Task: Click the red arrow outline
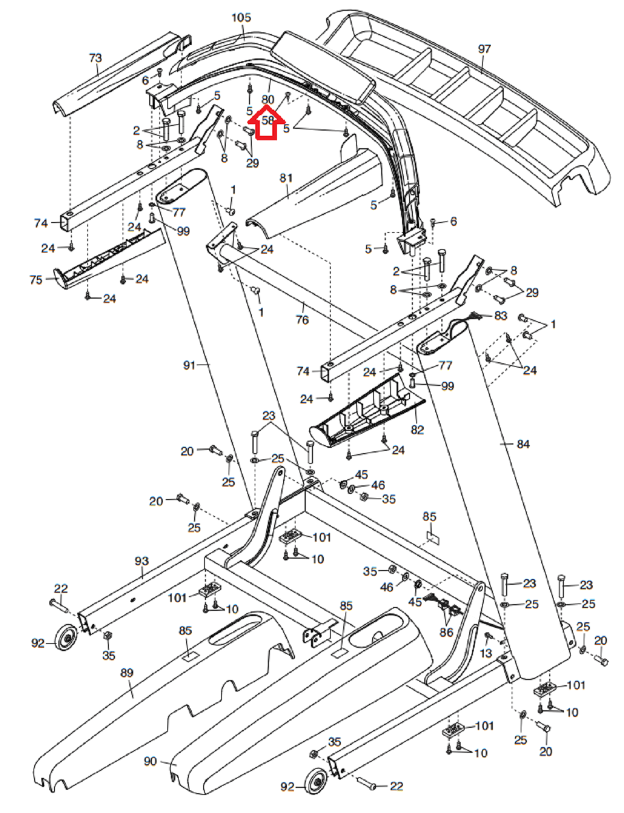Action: click(266, 122)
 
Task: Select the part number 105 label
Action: click(242, 18)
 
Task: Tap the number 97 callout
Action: click(484, 49)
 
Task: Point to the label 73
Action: click(95, 58)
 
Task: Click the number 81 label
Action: click(286, 178)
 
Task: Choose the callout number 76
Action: click(302, 320)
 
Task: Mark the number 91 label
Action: click(190, 365)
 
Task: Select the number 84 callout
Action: click(523, 444)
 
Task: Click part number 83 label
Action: click(501, 316)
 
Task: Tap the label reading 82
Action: click(418, 430)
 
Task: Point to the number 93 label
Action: click(142, 561)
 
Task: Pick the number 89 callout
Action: click(127, 673)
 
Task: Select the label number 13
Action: click(486, 653)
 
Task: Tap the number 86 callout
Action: click(446, 632)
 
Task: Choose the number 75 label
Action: click(36, 280)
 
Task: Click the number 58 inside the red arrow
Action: click(268, 120)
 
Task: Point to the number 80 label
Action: click(268, 99)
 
